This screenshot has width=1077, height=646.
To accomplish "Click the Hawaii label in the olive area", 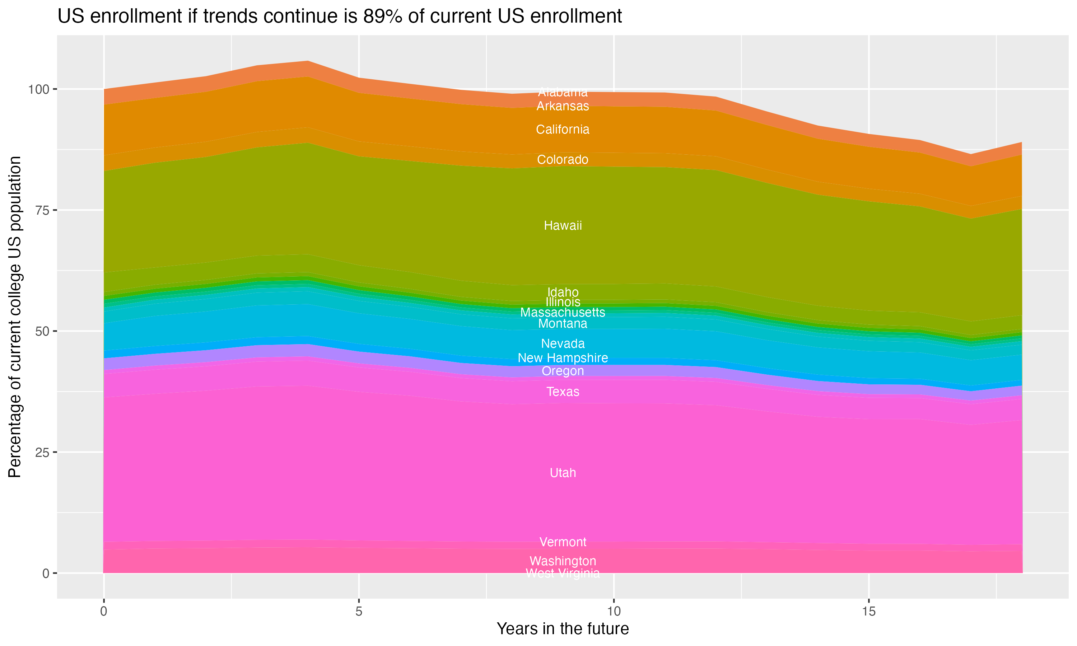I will pos(563,225).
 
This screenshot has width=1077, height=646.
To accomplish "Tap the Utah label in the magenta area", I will pos(563,473).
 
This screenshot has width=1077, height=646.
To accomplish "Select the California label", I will pos(563,129).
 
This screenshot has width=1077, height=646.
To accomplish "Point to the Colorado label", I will pos(563,159).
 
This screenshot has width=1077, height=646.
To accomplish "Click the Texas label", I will pos(563,392).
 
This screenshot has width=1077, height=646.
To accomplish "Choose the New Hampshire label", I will pos(563,358).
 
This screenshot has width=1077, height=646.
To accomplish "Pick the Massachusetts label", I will pos(563,312).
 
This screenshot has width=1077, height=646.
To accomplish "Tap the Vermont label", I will pos(563,542).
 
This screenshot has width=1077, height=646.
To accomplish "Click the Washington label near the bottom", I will pos(563,561).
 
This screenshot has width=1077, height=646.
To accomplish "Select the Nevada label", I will pos(563,343).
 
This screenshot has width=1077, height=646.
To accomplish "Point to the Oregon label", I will pos(563,371).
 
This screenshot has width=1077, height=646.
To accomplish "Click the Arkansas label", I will pos(563,106).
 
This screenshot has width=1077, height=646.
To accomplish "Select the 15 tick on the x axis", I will pos(868,612).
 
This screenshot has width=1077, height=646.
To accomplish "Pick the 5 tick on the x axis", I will pos(359,612).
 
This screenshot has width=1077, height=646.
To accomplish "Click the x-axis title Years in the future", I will pos(563,628).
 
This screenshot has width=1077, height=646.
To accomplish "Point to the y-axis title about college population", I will pos(15,317).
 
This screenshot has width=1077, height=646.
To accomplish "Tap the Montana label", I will pos(563,323).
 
